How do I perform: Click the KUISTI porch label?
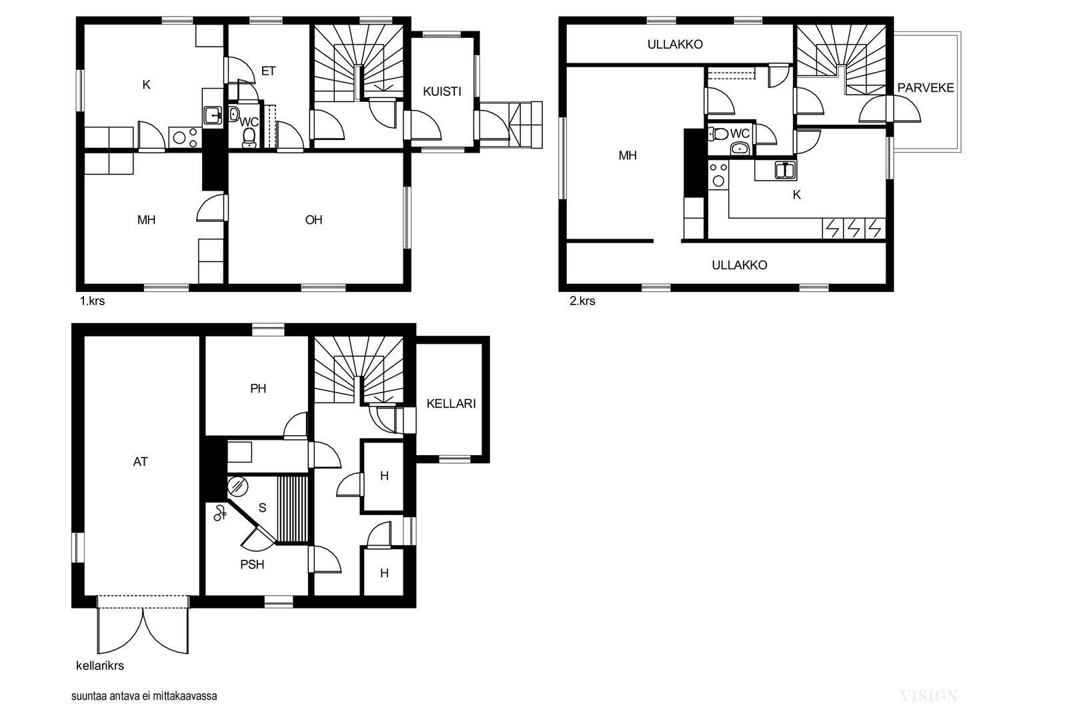coord(442,91)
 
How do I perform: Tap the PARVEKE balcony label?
coord(926,87)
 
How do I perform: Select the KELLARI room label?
coord(451,404)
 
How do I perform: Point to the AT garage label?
coord(141,461)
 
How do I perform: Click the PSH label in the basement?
coord(252,564)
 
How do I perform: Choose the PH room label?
coord(258,388)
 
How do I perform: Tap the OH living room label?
coord(313,220)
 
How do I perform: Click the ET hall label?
coord(268,71)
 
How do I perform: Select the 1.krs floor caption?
coord(92,301)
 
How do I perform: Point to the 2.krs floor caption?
coord(582,301)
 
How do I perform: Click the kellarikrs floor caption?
coord(100,665)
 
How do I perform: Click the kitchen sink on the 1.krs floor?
coord(213,115)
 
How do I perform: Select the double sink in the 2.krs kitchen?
coord(786,171)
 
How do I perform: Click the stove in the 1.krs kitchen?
coord(185,138)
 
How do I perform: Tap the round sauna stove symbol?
coord(237,486)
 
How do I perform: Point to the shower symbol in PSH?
coord(219,512)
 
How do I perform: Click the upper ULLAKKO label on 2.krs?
coord(675,44)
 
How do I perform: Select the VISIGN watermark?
coord(929,696)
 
